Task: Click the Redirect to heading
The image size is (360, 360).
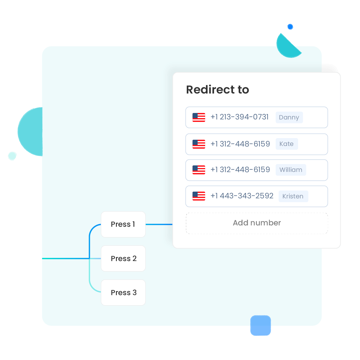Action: (218, 89)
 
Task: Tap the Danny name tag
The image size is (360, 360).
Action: (289, 117)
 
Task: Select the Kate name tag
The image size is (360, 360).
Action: (286, 144)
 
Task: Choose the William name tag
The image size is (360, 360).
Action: (291, 170)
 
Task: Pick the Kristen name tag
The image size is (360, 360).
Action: (293, 196)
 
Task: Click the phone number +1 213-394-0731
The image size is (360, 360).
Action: (239, 117)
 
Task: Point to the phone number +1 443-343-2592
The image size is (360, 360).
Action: (242, 196)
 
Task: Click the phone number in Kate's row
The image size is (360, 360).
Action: (240, 144)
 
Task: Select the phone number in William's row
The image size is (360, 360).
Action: (240, 170)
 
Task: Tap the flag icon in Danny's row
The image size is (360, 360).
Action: (199, 117)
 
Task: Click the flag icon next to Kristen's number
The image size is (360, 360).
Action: (199, 196)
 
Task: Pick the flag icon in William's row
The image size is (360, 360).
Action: (199, 170)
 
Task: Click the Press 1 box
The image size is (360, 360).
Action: (123, 224)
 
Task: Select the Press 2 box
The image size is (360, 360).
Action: (123, 258)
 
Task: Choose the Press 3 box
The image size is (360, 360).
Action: (123, 292)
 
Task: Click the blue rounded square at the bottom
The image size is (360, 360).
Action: (261, 325)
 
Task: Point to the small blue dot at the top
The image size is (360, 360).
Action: (290, 27)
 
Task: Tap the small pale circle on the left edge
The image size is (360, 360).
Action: (12, 156)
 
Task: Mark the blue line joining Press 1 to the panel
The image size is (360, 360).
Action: (159, 224)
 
